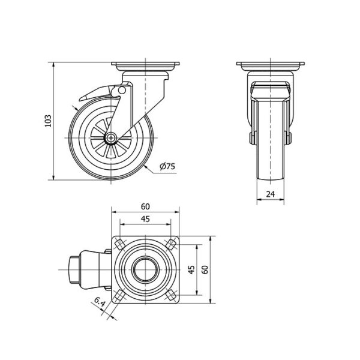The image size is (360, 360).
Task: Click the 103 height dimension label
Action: [48, 121]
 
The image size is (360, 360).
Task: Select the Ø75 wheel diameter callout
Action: [167, 166]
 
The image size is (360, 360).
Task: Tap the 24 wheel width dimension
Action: [271, 194]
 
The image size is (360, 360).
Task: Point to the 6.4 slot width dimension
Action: [100, 302]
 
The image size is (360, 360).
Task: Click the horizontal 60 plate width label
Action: [145, 206]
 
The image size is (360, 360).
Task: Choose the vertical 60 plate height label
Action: [205, 269]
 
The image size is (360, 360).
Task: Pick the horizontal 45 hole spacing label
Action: [145, 219]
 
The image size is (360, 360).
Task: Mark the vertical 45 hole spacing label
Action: [192, 269]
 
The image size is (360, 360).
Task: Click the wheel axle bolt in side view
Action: [111, 138]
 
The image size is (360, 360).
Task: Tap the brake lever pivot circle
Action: [122, 90]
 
